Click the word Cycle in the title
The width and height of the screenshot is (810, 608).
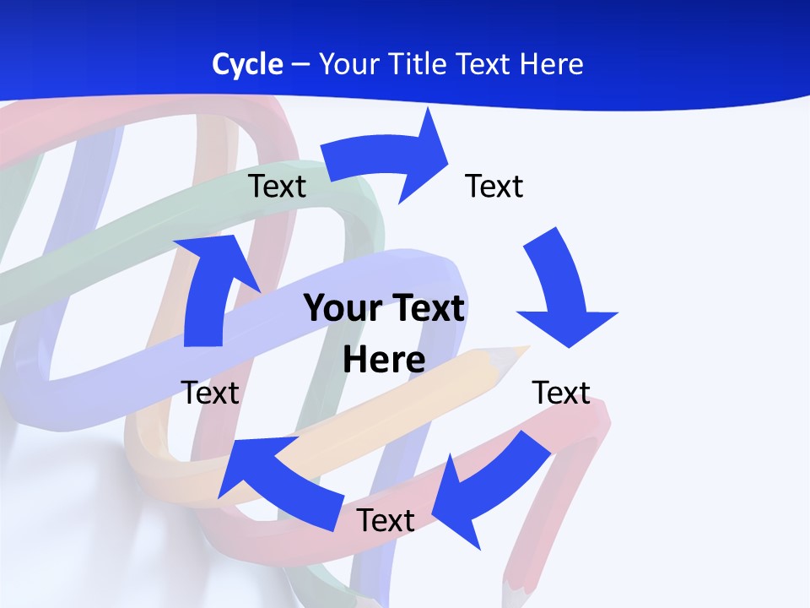click(x=247, y=64)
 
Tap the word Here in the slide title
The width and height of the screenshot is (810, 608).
click(x=550, y=64)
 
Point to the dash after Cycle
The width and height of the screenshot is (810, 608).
click(x=300, y=65)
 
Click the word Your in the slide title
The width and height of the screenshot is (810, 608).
click(x=350, y=64)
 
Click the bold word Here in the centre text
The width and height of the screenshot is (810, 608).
click(x=384, y=360)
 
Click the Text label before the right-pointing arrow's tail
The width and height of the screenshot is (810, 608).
click(x=277, y=186)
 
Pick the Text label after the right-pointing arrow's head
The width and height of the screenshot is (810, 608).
click(x=494, y=186)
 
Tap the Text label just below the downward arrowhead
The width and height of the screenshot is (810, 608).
click(x=561, y=393)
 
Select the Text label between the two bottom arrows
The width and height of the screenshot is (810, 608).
click(x=386, y=520)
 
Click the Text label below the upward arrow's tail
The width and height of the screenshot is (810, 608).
click(x=210, y=393)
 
